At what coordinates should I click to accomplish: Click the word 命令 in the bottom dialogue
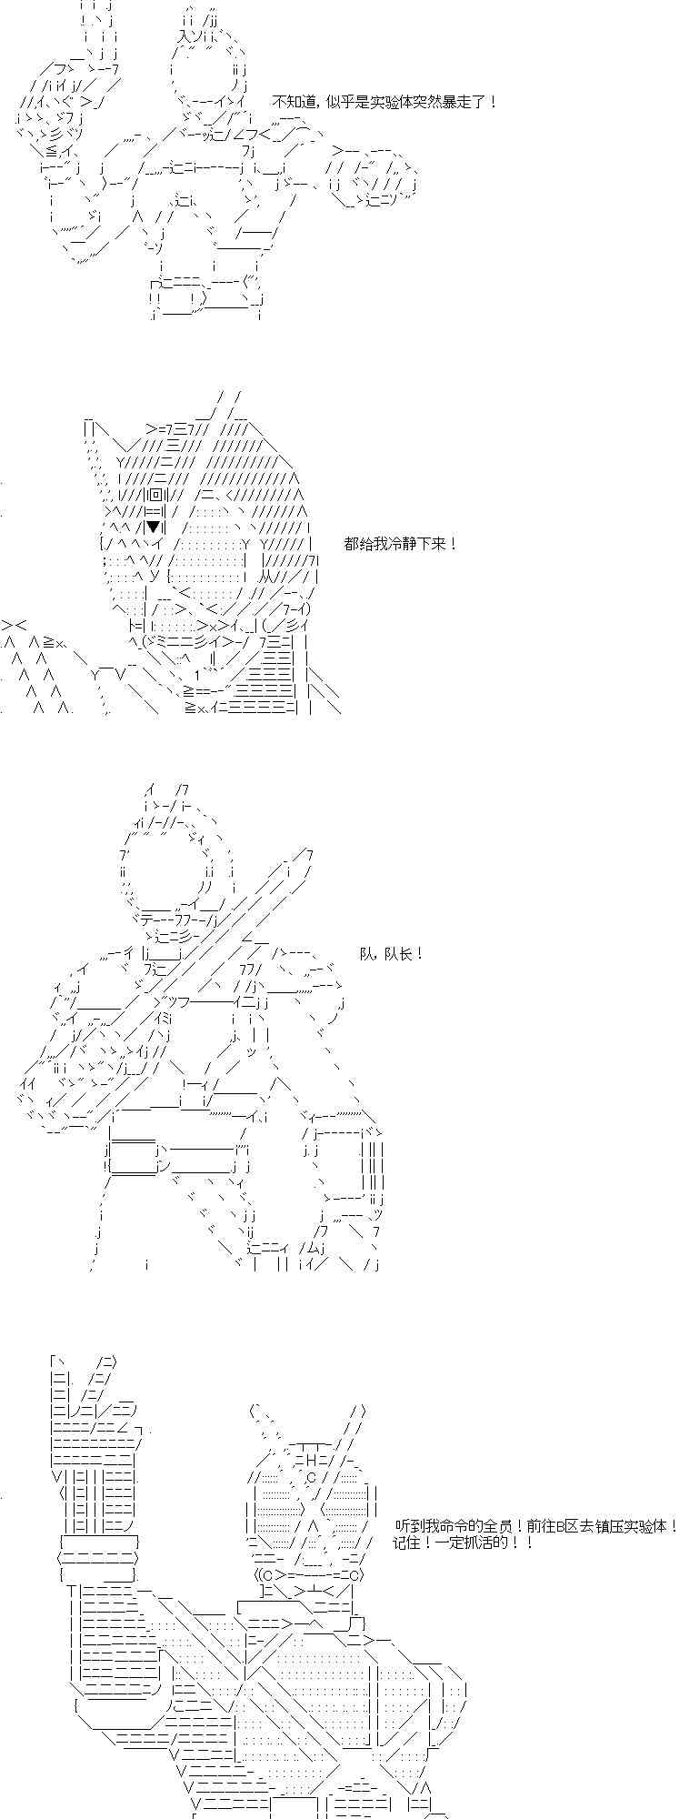[445, 1527]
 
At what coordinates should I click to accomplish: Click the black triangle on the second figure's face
[155, 527]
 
